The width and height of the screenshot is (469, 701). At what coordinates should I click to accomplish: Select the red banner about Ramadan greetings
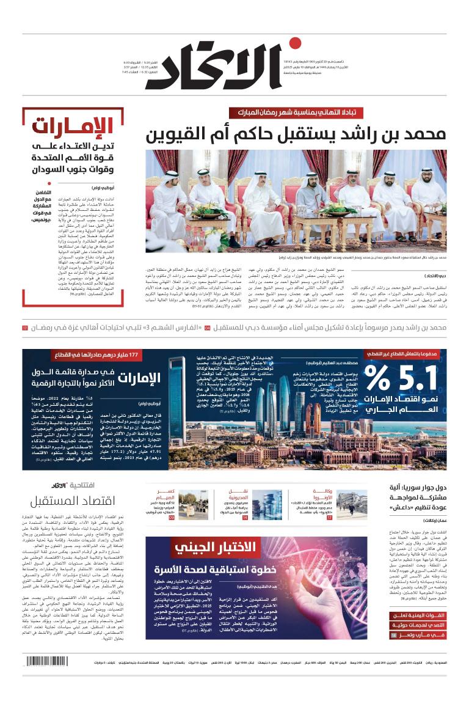(304, 112)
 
